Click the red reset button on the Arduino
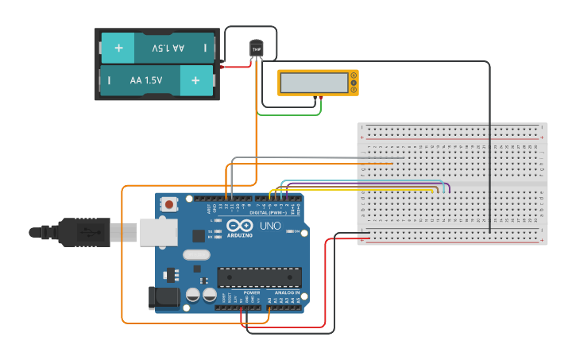click(168, 203)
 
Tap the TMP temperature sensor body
click(256, 49)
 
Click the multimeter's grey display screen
click(314, 82)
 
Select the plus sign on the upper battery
click(118, 48)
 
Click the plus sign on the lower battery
click(195, 80)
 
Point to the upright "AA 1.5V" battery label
click(145, 80)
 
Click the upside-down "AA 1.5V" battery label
click(168, 48)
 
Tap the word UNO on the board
click(271, 226)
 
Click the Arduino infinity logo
click(239, 226)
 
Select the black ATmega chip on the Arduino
click(260, 277)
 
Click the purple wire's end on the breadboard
click(450, 190)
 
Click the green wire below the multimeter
click(290, 114)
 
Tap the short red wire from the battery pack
click(236, 67)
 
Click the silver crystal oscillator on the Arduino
click(195, 255)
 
